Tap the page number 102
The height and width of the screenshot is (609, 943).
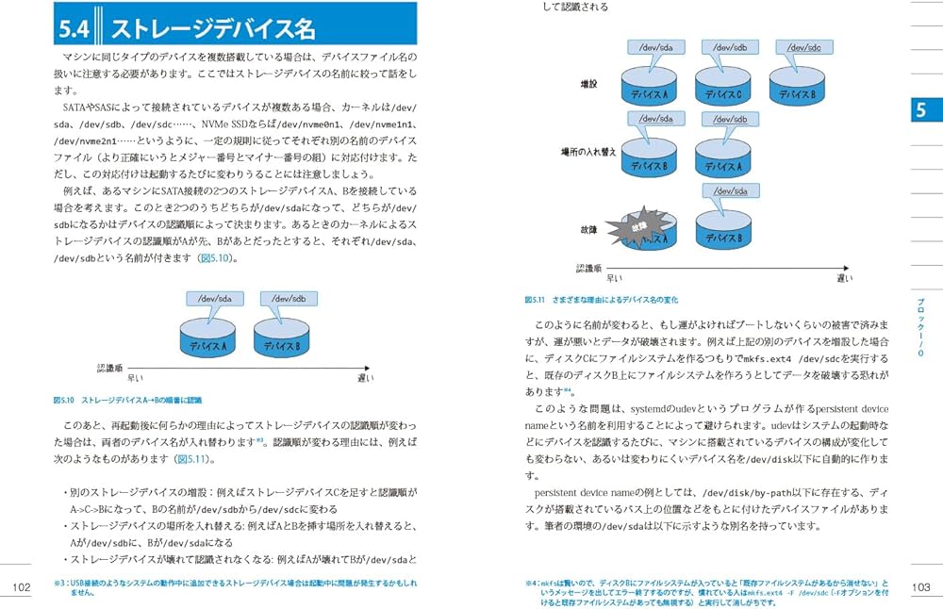click(21, 587)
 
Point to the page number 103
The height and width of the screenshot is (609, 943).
click(921, 587)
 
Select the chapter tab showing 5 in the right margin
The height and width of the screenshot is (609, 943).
click(919, 109)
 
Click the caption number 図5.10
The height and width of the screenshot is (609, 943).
click(65, 400)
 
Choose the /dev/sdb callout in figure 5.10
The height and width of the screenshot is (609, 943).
click(293, 299)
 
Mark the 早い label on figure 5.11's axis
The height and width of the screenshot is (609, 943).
click(613, 278)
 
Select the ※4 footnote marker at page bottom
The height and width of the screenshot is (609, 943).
click(533, 584)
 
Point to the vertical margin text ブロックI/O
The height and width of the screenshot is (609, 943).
click(920, 325)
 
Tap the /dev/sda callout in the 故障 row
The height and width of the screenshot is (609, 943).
click(731, 191)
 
